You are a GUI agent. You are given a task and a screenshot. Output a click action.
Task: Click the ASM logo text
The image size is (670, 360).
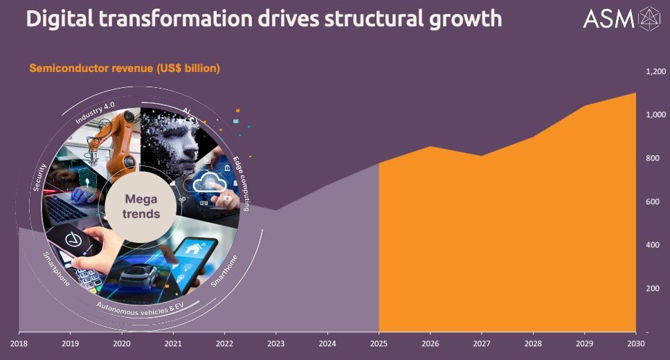[608, 19]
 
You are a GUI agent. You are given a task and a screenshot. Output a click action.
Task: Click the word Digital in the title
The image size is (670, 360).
[60, 19]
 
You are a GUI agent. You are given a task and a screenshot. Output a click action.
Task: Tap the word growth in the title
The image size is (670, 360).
[465, 19]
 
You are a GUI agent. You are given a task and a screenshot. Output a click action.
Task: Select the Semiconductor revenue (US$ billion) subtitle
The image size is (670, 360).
[125, 69]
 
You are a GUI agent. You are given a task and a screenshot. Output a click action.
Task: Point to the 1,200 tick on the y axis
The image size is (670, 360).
[656, 71]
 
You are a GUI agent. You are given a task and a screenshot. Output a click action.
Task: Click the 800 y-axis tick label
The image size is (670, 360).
[653, 159]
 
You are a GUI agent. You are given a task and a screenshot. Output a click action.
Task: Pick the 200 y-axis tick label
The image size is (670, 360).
[653, 289]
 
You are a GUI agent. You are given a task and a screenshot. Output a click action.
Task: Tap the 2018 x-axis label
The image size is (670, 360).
[19, 343]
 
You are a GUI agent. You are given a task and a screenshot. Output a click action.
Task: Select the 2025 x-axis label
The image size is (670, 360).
[379, 343]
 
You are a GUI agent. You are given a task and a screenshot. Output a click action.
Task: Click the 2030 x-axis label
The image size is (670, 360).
[636, 343]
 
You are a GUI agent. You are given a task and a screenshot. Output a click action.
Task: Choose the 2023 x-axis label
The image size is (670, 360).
[276, 343]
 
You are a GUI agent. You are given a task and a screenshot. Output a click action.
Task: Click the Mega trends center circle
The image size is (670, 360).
[141, 206]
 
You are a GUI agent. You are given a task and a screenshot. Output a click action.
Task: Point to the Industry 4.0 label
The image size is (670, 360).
[95, 113]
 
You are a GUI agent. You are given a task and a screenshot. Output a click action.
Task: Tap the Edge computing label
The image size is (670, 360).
[241, 184]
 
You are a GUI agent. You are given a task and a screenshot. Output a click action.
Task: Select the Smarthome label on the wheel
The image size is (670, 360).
[224, 271]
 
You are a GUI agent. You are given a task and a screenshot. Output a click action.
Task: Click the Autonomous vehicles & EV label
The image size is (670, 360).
[140, 309]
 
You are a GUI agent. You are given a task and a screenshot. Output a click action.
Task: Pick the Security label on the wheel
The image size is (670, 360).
[39, 177]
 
